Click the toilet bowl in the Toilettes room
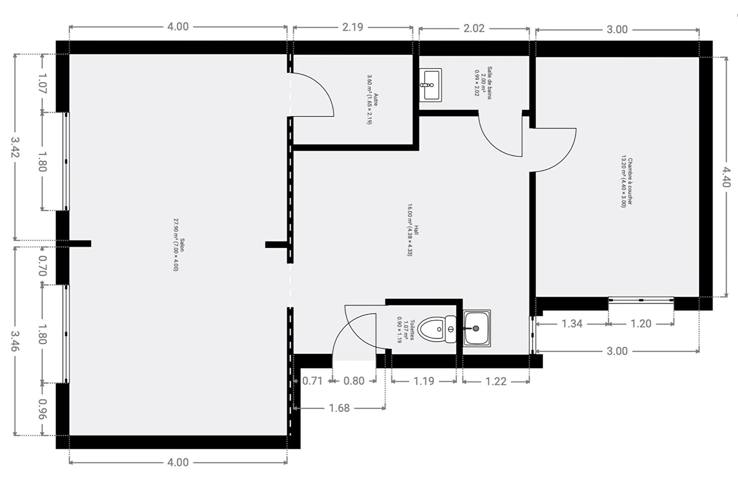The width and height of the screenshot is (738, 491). [437, 329]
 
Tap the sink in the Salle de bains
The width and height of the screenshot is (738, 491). [430, 85]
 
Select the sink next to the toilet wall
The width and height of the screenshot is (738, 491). [476, 328]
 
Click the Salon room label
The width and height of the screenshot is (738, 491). [179, 245]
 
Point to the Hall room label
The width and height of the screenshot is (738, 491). [413, 230]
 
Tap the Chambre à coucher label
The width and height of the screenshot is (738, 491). [627, 181]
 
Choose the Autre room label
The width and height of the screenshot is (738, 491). [372, 100]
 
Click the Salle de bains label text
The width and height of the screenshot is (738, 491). [483, 83]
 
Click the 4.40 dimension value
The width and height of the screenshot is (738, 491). [726, 177]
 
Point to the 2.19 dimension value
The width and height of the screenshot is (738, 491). [352, 27]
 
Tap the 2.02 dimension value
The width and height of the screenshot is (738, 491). [474, 28]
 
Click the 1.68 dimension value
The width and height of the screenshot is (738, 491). [339, 408]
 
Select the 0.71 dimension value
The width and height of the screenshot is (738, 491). [312, 381]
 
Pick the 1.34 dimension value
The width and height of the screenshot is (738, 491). [572, 324]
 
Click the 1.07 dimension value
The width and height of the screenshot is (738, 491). [42, 84]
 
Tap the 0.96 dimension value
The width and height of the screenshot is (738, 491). [42, 409]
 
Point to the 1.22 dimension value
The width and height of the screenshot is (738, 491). [495, 381]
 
